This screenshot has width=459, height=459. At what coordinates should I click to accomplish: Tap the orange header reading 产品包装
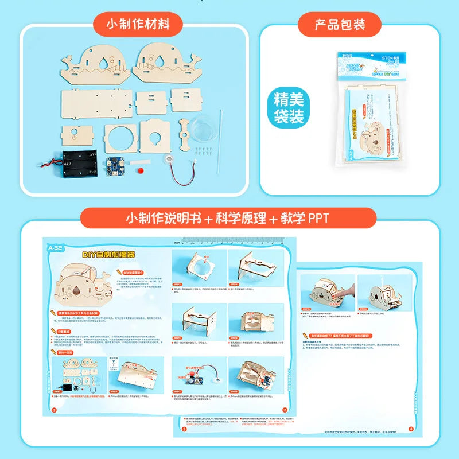click(340, 25)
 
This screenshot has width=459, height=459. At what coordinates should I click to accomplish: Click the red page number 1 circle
click(53, 410)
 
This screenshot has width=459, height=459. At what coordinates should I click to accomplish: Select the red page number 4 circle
click(410, 429)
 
